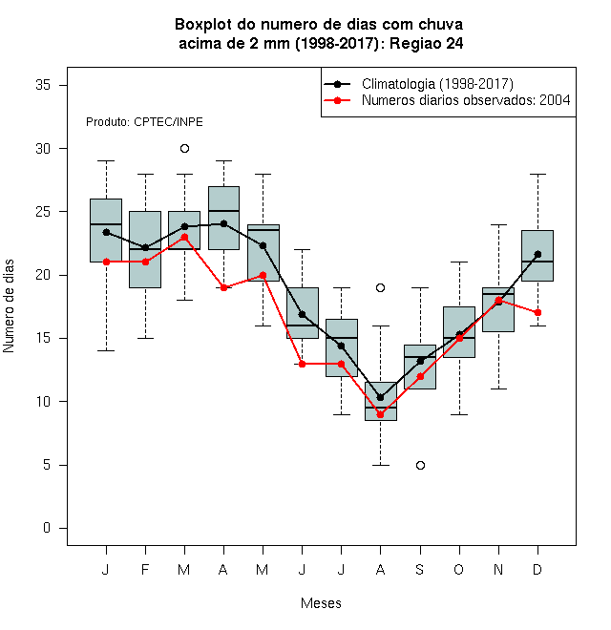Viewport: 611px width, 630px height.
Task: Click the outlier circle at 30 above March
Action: coord(184,149)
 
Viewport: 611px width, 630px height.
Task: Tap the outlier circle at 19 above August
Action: coord(380,287)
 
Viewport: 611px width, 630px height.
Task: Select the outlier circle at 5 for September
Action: coord(420,465)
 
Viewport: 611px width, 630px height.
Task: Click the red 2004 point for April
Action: coord(224,287)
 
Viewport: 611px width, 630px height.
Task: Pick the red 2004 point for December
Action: coord(537,312)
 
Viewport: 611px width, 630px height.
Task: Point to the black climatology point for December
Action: coord(537,254)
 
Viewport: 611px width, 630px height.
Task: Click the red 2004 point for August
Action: coord(380,414)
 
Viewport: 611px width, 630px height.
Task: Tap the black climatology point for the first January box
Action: coord(106,232)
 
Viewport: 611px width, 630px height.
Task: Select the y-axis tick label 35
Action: coord(43,85)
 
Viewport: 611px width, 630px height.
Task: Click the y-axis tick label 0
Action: coord(47,528)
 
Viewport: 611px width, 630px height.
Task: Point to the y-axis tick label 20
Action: coord(43,275)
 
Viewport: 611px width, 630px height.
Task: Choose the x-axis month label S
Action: coord(420,569)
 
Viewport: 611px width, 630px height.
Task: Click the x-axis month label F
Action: coord(145,569)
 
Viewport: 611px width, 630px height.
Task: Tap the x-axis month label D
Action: coord(537,569)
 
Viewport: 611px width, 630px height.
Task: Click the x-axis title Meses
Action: coord(321,603)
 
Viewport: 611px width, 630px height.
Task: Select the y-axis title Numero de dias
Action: coord(9,306)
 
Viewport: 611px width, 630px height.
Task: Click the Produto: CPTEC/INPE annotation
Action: coord(144,122)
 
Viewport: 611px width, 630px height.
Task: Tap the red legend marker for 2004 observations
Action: coord(337,100)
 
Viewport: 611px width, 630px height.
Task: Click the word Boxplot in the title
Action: coord(203,25)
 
